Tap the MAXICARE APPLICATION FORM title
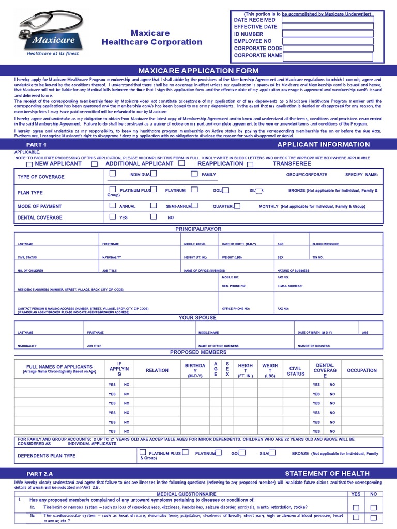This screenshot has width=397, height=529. coord(198,70)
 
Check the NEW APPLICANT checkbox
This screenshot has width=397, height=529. coord(29,164)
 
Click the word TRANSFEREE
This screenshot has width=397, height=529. coord(292,164)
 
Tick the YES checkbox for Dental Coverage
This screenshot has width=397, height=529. coord(113,217)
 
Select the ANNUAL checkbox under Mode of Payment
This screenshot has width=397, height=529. coord(113,205)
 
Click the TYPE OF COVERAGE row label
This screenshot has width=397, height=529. coord(41,177)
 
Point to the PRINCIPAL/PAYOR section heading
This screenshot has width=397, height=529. coord(198,228)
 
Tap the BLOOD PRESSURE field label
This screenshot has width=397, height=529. coord(326,244)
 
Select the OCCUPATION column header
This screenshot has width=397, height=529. coord(362,370)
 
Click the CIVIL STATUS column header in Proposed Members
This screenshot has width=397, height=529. coord(296,371)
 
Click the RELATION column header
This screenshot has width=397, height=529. coord(157,370)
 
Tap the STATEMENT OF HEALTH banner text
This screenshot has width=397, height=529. coord(327,473)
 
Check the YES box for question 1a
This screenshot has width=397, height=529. coord(356,508)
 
